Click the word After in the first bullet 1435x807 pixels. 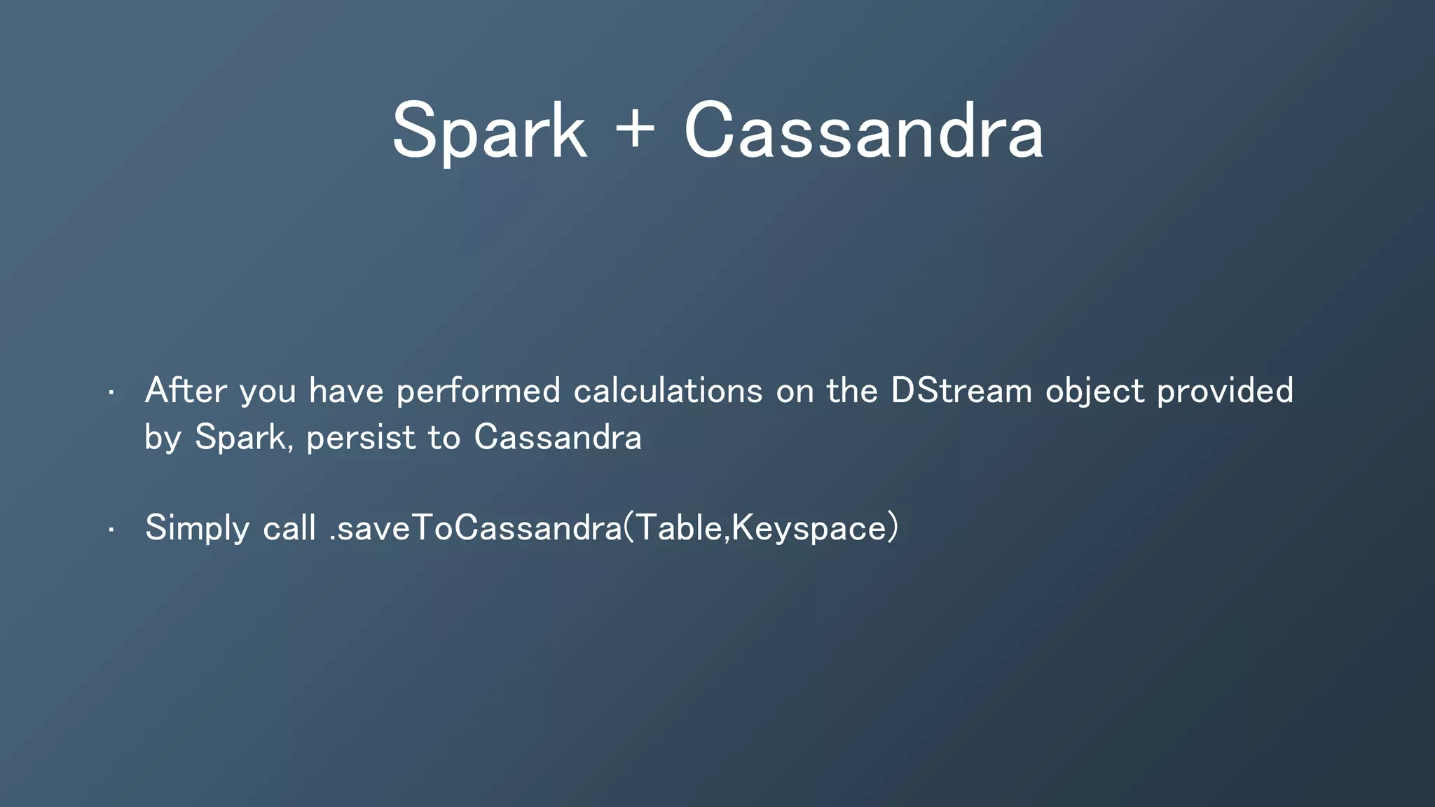[x=186, y=390]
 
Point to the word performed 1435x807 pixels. [x=479, y=392]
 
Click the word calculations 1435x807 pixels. [x=668, y=390]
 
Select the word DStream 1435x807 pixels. [x=961, y=390]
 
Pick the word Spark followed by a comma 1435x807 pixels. [x=240, y=438]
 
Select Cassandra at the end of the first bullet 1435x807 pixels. [x=558, y=437]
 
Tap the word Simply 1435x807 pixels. [x=197, y=528]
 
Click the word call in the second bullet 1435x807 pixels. [x=289, y=527]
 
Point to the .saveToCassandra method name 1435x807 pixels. [x=475, y=527]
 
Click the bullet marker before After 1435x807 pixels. [x=111, y=393]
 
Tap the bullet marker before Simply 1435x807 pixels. [x=111, y=530]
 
